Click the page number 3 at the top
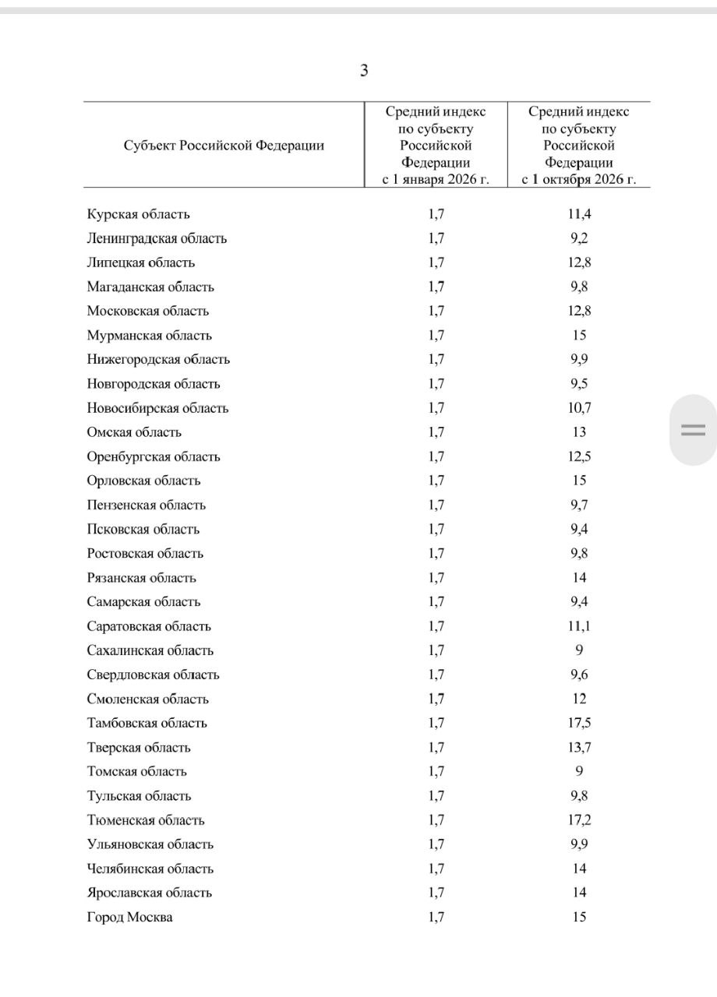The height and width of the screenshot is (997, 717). (x=364, y=71)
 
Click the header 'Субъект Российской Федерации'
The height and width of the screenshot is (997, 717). (x=224, y=146)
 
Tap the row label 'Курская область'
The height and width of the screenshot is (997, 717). (x=139, y=214)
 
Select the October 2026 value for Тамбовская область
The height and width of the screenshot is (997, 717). (x=579, y=723)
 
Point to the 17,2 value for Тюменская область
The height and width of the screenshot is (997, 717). (x=579, y=820)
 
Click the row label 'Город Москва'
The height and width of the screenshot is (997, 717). (x=130, y=918)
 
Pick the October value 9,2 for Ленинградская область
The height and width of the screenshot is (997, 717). (x=579, y=238)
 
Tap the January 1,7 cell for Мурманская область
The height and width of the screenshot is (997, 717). (x=436, y=336)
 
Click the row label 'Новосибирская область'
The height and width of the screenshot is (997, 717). (x=158, y=408)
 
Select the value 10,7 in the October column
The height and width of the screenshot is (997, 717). (x=579, y=408)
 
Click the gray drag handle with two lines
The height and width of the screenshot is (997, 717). (x=693, y=430)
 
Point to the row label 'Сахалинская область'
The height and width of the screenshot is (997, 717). (x=150, y=650)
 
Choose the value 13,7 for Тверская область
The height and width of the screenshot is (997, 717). (x=579, y=748)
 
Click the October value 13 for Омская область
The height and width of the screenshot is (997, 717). (x=579, y=432)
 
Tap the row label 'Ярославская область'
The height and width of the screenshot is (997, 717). (x=150, y=893)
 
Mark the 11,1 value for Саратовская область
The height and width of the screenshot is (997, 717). (x=579, y=626)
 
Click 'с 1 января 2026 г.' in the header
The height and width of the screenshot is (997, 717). (x=436, y=180)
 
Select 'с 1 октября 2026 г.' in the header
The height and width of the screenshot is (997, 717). (x=579, y=180)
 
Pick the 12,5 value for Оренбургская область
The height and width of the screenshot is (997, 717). (x=579, y=456)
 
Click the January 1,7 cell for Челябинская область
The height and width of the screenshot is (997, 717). (x=436, y=868)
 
